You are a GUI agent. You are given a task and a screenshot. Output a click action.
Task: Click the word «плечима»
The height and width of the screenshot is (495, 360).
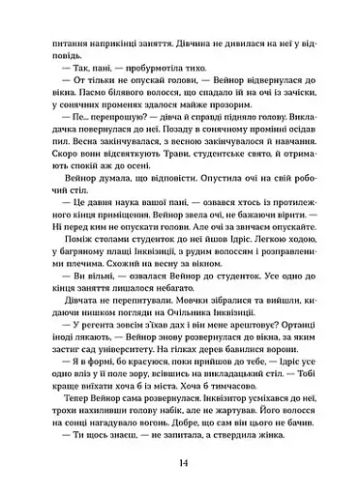tap(69, 296)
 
